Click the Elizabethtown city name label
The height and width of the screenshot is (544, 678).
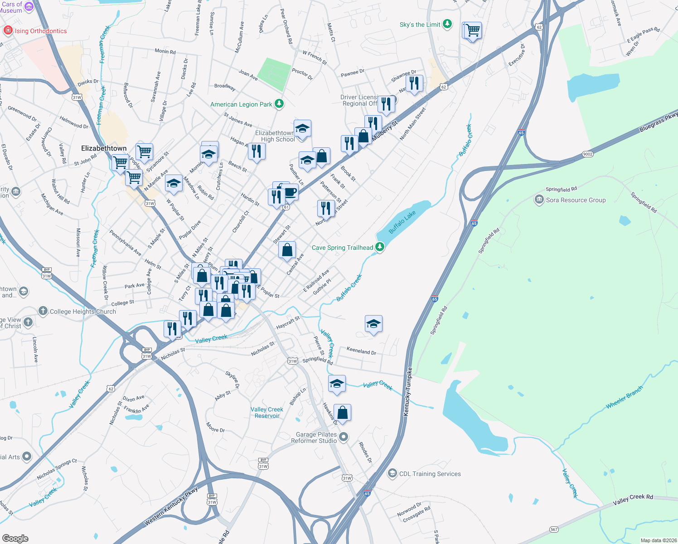click(x=104, y=148)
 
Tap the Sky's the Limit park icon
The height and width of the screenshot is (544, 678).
click(x=447, y=24)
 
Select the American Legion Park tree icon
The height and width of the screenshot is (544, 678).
click(x=279, y=104)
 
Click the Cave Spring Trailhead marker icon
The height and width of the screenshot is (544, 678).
click(x=380, y=247)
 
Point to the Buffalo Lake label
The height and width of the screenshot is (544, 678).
click(x=402, y=222)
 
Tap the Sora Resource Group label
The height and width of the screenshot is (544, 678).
click(x=576, y=200)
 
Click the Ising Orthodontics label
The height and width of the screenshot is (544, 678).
click(x=40, y=31)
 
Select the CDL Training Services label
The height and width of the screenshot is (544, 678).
click(x=430, y=474)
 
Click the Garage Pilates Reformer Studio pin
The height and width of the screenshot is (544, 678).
click(x=344, y=437)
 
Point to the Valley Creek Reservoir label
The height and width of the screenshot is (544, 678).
click(x=267, y=413)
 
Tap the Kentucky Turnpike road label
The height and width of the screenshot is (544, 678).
click(x=407, y=392)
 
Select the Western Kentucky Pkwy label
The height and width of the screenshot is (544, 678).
click(x=171, y=506)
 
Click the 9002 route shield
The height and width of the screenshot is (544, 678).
click(x=587, y=154)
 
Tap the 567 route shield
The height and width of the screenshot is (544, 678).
click(x=554, y=529)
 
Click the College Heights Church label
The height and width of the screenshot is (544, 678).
click(x=82, y=311)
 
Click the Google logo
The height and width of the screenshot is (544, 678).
click(x=15, y=538)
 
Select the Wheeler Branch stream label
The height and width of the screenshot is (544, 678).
click(x=624, y=398)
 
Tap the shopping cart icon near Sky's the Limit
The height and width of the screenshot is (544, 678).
click(x=472, y=30)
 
